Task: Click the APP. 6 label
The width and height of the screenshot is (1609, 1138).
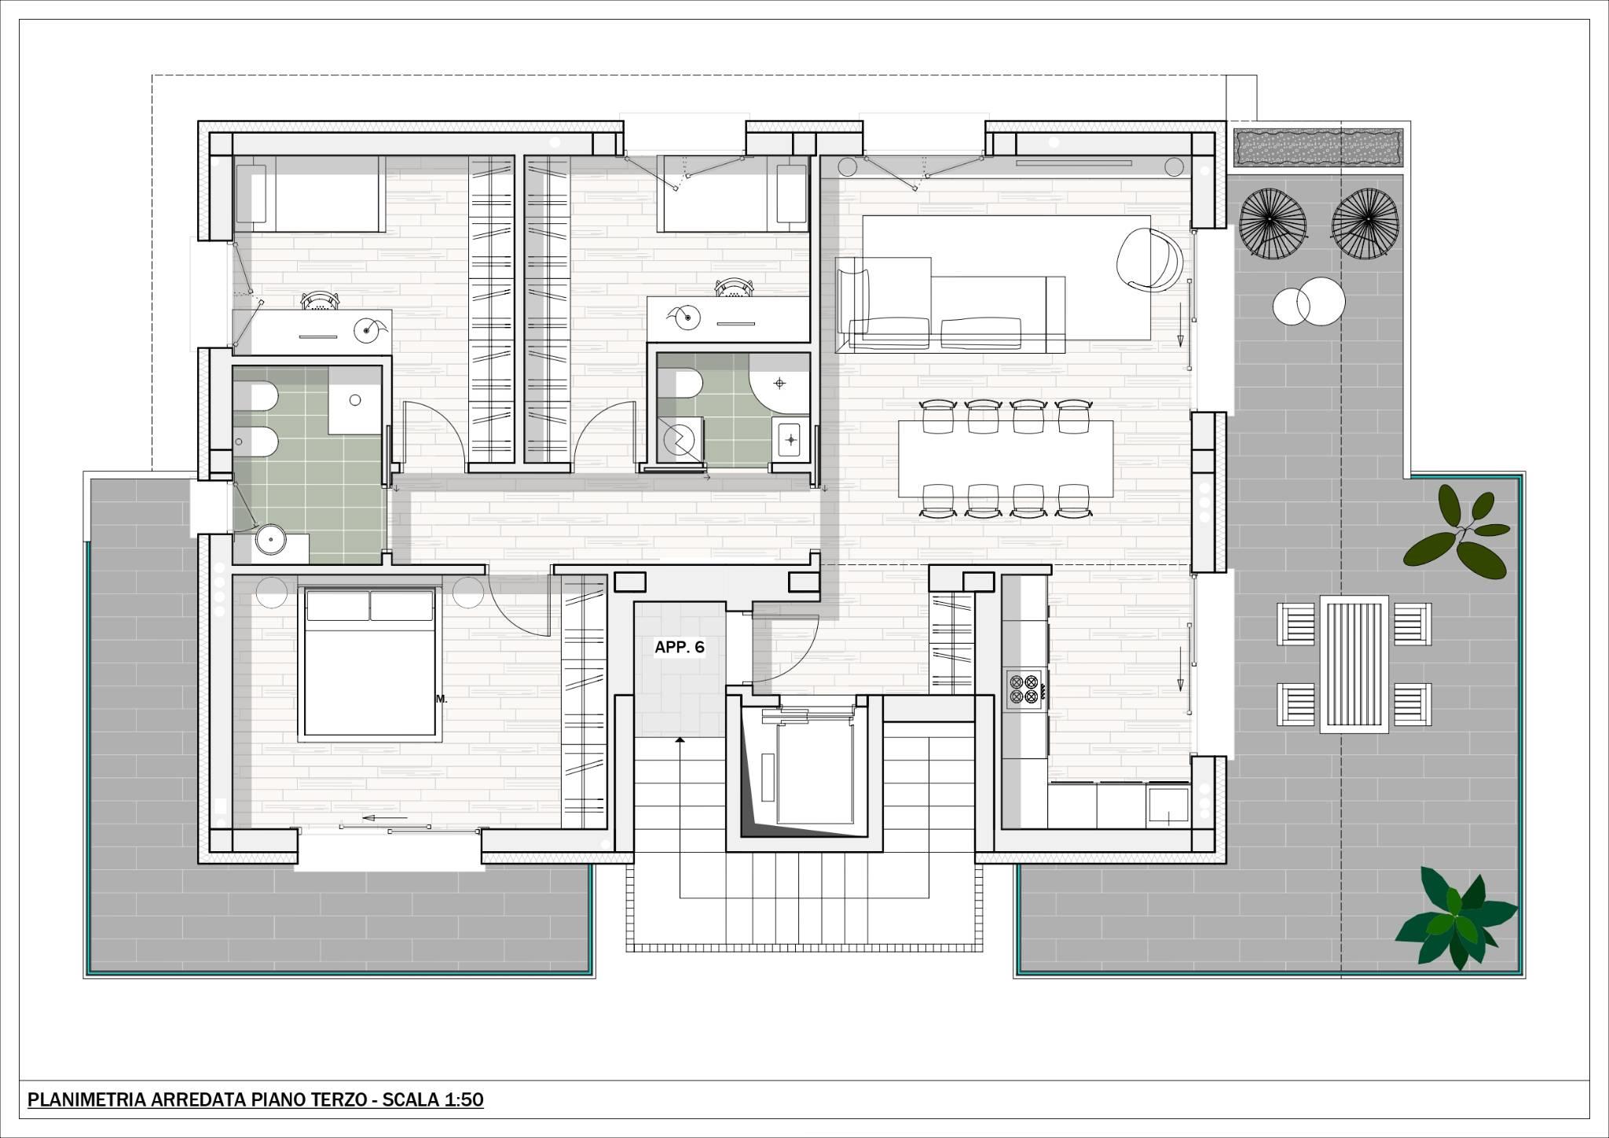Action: coord(680,648)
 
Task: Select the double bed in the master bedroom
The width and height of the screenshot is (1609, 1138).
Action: coord(370,664)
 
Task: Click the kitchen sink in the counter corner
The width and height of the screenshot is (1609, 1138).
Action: coord(1168,804)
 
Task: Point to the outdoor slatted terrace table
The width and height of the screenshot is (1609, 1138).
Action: coord(1353,664)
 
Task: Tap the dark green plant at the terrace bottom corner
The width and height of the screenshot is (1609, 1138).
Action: coord(1454,919)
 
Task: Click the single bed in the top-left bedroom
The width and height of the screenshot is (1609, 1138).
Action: coord(309,193)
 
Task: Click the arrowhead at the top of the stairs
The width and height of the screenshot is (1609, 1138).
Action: coord(680,741)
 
